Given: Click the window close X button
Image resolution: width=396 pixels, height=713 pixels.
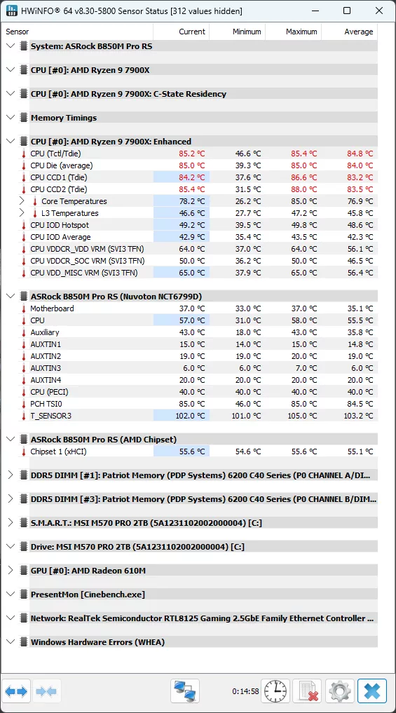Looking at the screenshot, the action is [378, 11].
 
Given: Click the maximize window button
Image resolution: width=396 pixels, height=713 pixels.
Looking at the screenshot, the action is [347, 11].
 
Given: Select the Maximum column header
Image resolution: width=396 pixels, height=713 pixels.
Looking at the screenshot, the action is [301, 32].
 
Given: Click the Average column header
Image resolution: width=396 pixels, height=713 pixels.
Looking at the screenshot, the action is [359, 32].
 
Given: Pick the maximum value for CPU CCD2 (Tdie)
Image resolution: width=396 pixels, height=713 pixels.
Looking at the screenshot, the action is [304, 189].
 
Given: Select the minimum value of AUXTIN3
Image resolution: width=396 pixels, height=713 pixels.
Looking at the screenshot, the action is [250, 368].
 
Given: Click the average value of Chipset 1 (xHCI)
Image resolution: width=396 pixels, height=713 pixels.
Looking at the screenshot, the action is [360, 451].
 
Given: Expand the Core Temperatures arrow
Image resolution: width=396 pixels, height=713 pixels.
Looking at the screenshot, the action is [22, 201].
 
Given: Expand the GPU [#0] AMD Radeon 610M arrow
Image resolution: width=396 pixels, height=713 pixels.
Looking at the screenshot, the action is [11, 570].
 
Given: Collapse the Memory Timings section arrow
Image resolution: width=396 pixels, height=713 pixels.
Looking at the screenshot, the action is [11, 117].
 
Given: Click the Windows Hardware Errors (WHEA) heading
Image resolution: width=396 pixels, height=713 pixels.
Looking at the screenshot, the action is [97, 642].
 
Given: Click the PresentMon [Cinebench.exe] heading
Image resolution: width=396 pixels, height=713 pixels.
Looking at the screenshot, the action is [88, 595].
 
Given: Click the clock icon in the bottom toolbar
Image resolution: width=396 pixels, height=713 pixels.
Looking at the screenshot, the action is [275, 692].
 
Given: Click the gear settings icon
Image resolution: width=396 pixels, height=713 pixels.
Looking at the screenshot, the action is [340, 692].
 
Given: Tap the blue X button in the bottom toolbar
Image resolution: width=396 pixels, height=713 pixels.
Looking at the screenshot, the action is [372, 692].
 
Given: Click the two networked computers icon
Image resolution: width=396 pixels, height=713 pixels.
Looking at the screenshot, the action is [186, 692].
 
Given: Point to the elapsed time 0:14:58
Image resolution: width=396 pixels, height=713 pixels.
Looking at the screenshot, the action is [245, 692].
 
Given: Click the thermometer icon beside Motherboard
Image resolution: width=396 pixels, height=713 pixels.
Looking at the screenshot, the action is [24, 308].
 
